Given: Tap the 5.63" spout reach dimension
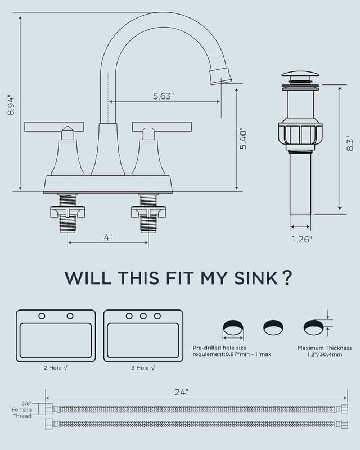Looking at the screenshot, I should coord(163,96).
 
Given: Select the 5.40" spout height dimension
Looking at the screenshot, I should coord(244,139).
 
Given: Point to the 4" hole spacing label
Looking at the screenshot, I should coord(107,237).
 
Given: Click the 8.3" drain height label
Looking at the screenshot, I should coord(350,144).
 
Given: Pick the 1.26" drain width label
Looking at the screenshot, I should coord(301,239).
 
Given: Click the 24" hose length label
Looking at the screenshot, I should coord(181,393).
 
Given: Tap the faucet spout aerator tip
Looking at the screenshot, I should coord(220,75).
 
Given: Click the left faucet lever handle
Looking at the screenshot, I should coord(54,127).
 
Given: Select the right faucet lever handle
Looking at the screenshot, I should coord(162,127).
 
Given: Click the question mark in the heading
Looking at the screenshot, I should coord(287,277).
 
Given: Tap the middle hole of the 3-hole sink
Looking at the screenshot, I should coord(143,316).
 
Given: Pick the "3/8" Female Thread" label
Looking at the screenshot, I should coord(22,409).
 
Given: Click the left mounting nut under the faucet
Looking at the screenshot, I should coord(67,212).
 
